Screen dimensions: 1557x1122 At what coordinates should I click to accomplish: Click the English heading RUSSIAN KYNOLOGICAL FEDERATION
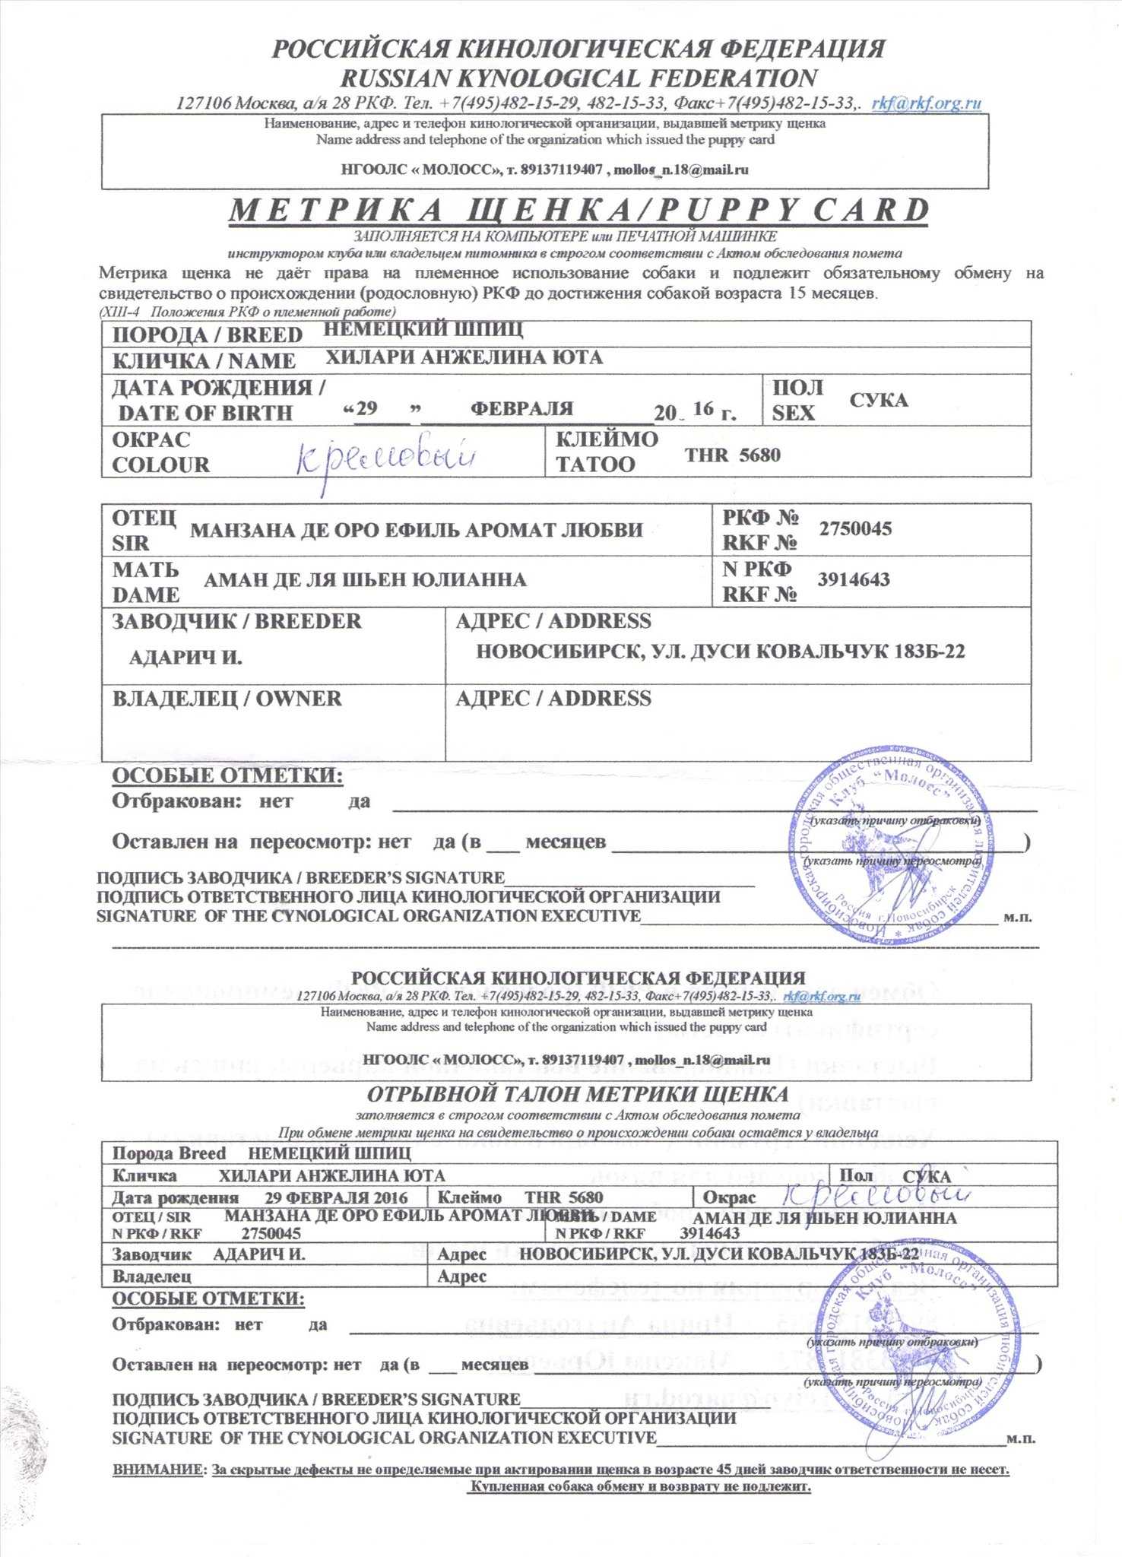pyautogui.click(x=578, y=78)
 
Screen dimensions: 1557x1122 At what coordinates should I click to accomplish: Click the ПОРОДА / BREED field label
pyautogui.click(x=207, y=335)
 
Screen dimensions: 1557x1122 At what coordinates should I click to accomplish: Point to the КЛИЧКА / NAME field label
pyautogui.click(x=204, y=360)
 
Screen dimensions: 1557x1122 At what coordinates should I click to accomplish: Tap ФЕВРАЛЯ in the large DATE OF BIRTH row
pyautogui.click(x=521, y=408)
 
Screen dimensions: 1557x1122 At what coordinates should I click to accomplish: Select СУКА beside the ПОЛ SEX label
pyautogui.click(x=878, y=400)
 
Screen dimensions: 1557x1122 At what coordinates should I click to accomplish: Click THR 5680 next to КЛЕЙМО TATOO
pyautogui.click(x=732, y=455)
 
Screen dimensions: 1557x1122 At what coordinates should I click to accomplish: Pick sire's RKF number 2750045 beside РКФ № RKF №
pyautogui.click(x=854, y=528)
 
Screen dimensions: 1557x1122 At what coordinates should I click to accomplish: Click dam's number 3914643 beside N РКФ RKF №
pyautogui.click(x=853, y=579)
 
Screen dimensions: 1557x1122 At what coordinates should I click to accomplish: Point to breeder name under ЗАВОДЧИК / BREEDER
pyautogui.click(x=185, y=657)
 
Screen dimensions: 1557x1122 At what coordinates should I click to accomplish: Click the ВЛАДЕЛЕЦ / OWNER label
pyautogui.click(x=227, y=699)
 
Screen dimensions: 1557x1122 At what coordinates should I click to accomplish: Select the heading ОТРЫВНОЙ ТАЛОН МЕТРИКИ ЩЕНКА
pyautogui.click(x=578, y=1095)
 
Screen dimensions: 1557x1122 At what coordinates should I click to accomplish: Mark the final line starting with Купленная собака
pyautogui.click(x=641, y=1486)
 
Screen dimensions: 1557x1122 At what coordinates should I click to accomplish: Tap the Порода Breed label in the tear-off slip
pyautogui.click(x=169, y=1153)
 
